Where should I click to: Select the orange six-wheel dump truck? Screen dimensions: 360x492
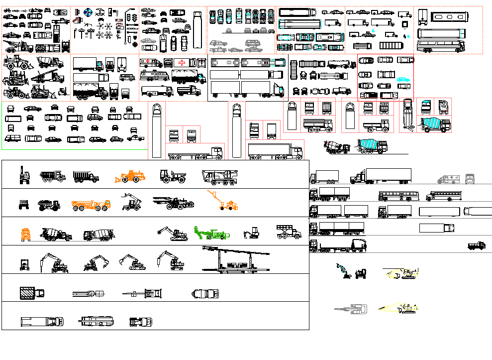click(91, 205)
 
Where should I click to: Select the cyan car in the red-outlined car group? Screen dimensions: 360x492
click(403, 79)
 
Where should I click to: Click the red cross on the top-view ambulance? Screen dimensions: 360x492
click(182, 63)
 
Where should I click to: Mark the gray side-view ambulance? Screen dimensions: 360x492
click(447, 179)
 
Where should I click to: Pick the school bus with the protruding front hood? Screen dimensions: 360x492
click(442, 196)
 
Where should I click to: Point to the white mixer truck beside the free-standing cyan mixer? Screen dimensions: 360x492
click(338, 147)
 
